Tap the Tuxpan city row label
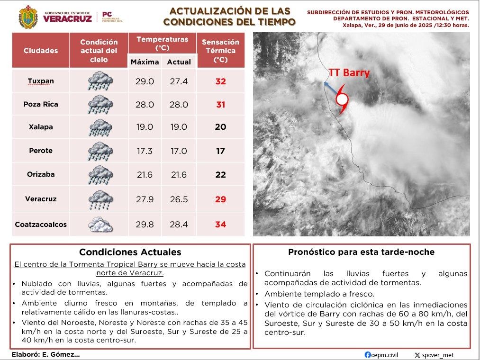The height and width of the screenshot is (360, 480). [x=40, y=81]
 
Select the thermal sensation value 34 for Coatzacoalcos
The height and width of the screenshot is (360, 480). [x=220, y=225]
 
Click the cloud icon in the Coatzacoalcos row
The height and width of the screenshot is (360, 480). [x=100, y=224]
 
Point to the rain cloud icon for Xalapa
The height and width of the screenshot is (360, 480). [x=100, y=127]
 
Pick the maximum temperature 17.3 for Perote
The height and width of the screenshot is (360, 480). [x=145, y=151]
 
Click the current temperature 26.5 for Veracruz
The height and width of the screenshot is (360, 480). [x=179, y=199]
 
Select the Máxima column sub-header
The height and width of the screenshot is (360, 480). [x=145, y=62]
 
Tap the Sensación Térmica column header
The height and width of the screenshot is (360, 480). [x=220, y=51]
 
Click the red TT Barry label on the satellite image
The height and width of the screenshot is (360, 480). [x=349, y=73]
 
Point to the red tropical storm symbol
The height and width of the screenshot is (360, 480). [x=342, y=100]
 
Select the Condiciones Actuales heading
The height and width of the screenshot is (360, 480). [x=130, y=252]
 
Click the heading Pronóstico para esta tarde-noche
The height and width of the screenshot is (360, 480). [x=361, y=252]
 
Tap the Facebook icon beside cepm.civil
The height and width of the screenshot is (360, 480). [x=368, y=355]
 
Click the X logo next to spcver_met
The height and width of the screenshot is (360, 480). [x=417, y=355]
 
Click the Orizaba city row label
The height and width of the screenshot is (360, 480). [x=40, y=174]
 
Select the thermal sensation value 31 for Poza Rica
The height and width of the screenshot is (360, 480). [x=220, y=105]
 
